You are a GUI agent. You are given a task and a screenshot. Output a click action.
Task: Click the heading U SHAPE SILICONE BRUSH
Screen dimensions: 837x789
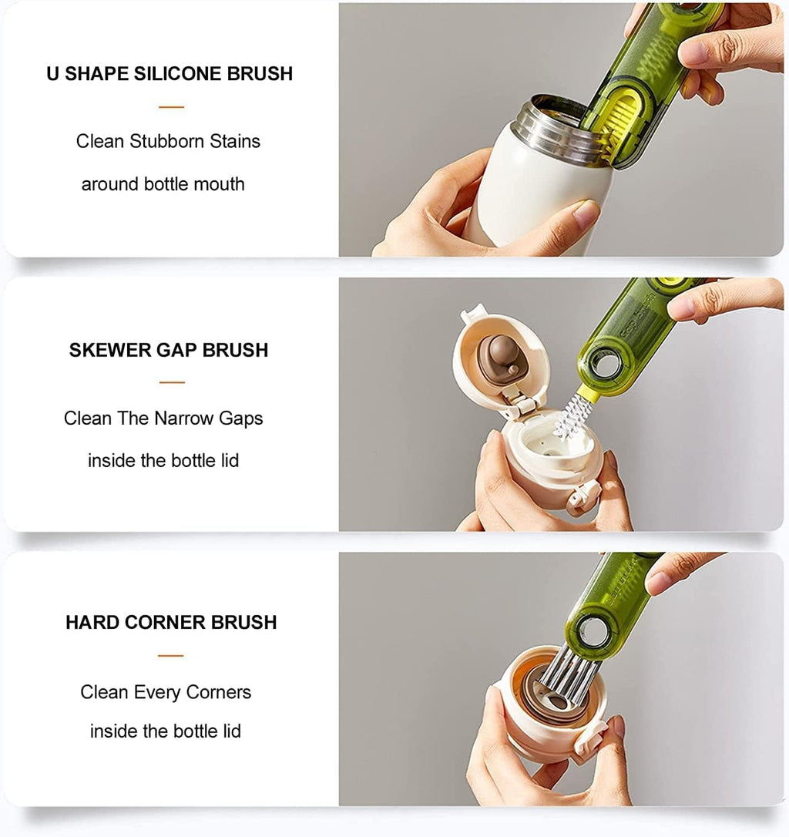click(x=170, y=74)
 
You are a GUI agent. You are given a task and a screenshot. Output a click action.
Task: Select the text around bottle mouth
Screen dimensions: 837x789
click(x=163, y=184)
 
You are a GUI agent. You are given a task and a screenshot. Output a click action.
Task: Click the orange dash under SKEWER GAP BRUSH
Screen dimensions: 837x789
click(x=172, y=382)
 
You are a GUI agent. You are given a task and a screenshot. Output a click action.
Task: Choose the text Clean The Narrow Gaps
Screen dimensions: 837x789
click(x=163, y=418)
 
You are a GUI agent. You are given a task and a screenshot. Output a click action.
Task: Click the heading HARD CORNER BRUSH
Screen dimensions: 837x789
click(x=171, y=623)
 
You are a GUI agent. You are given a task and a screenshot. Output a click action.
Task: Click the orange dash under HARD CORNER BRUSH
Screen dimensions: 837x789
click(x=171, y=656)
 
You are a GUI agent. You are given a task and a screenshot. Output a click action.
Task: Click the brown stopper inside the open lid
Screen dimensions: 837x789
click(x=499, y=356)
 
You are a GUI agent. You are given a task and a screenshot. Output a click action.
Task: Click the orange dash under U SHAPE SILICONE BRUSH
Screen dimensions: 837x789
click(x=171, y=107)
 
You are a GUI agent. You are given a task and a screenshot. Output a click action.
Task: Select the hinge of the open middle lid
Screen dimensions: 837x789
click(x=515, y=401)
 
